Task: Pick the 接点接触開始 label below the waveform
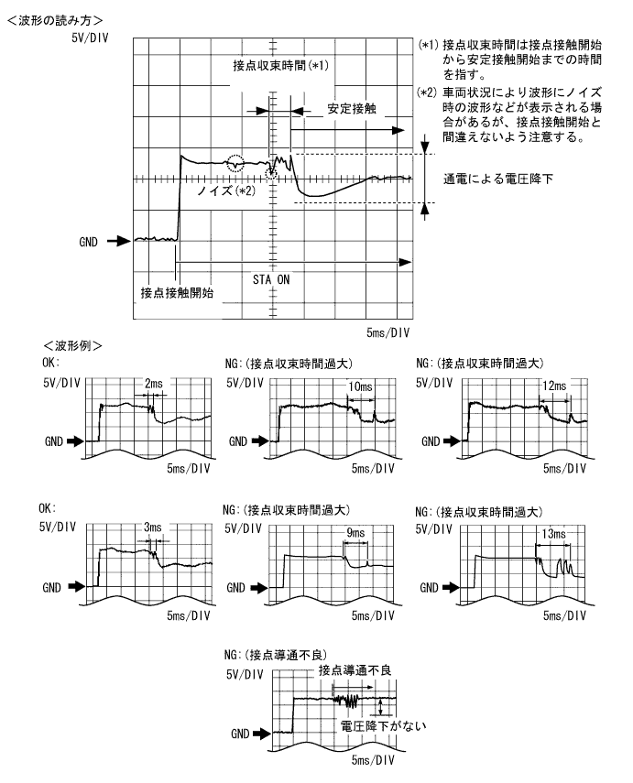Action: click(x=177, y=292)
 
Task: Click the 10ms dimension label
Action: click(x=359, y=388)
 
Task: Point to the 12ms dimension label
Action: click(x=552, y=388)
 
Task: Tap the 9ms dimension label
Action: click(x=355, y=531)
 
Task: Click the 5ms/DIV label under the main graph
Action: click(x=388, y=332)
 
